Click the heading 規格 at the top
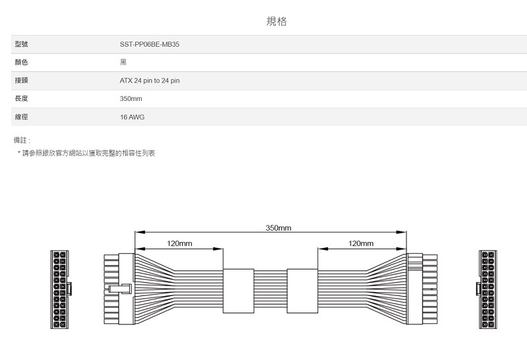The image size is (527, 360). click(277, 22)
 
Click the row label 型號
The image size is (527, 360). click(20, 44)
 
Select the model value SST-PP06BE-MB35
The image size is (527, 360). click(150, 44)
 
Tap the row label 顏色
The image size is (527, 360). click(20, 62)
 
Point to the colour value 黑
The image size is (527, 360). click(123, 62)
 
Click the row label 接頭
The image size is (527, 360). click(20, 80)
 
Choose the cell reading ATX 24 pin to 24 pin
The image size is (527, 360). click(150, 80)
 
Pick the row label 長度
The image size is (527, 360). click(20, 98)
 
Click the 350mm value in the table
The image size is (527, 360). click(131, 98)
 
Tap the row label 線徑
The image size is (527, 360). click(20, 117)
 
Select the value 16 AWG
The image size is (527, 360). click(132, 117)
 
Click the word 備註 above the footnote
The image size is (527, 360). click(22, 140)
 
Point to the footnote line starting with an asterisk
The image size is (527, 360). click(86, 153)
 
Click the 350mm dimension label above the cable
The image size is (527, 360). click(279, 227)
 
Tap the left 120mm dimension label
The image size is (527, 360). click(179, 244)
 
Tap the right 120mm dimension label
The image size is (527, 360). click(360, 244)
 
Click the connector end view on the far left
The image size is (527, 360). click(61, 289)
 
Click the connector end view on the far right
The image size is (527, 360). click(488, 289)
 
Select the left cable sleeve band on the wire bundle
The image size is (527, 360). click(238, 290)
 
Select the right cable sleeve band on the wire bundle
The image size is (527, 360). click(302, 290)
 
